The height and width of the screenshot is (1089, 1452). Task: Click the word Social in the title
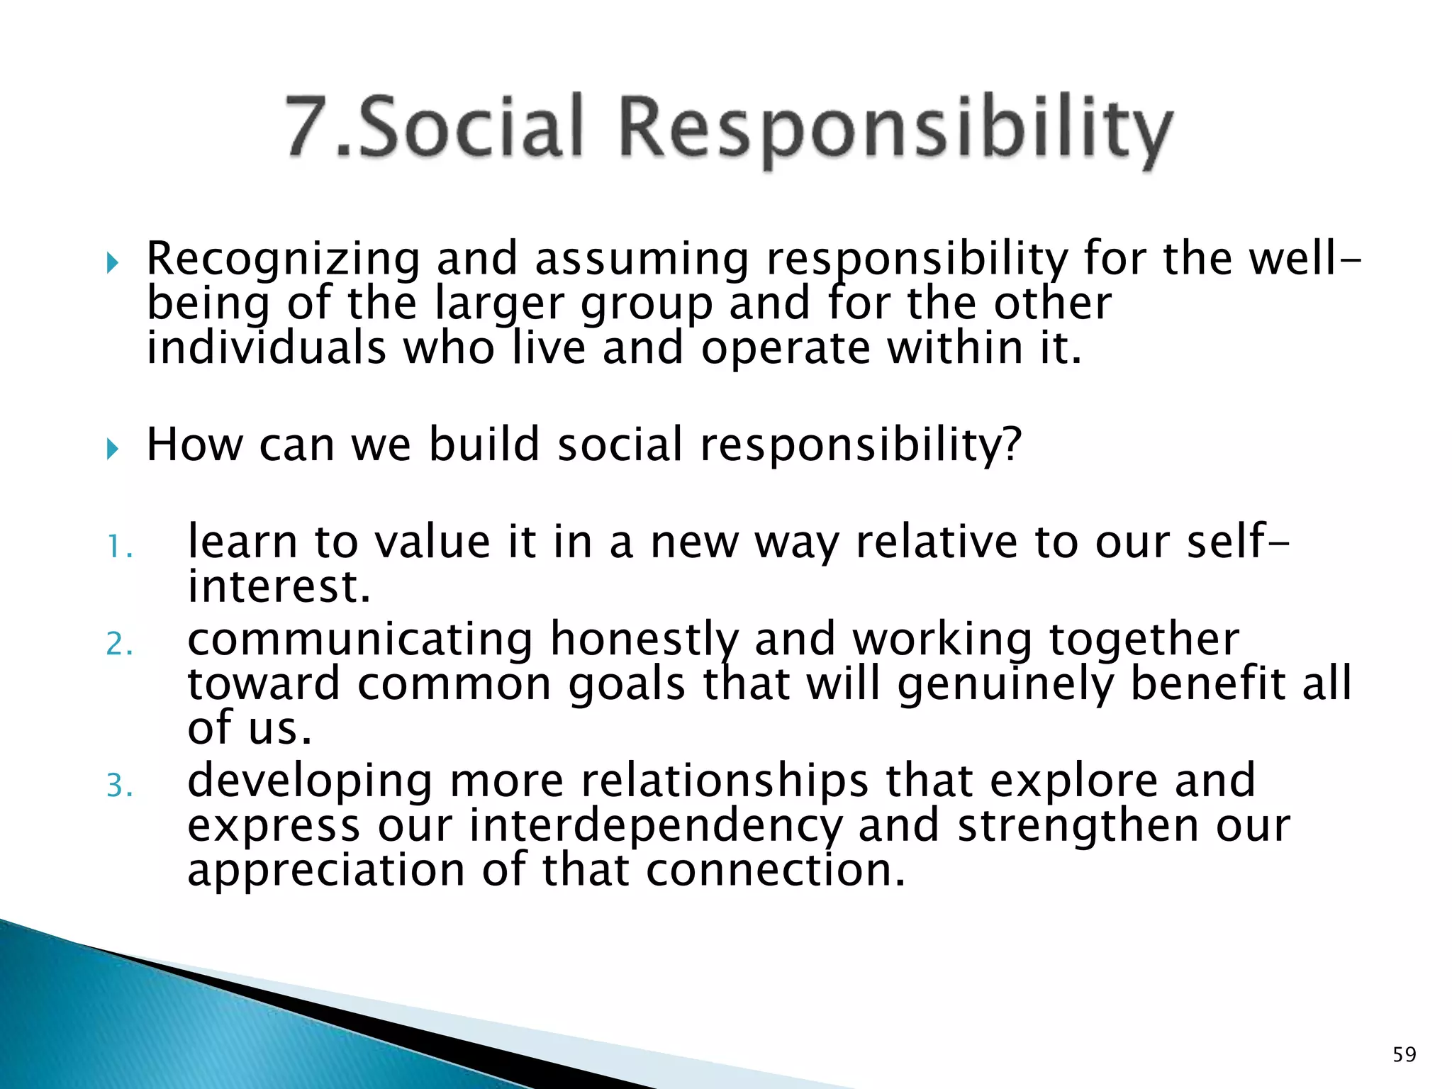tap(471, 128)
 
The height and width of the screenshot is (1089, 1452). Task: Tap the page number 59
tap(1404, 1054)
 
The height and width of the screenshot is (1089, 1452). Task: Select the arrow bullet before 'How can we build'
tap(113, 448)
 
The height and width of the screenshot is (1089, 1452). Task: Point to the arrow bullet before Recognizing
tap(113, 264)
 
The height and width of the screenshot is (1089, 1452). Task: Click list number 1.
tap(119, 547)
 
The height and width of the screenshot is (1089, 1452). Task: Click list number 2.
tap(119, 644)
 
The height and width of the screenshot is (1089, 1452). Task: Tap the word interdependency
tap(656, 827)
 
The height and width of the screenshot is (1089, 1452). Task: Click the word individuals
tap(267, 349)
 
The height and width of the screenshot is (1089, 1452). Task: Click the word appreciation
tap(326, 871)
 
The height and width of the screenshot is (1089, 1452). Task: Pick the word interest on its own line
tap(272, 588)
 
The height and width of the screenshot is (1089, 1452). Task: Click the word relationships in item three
tap(725, 781)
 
